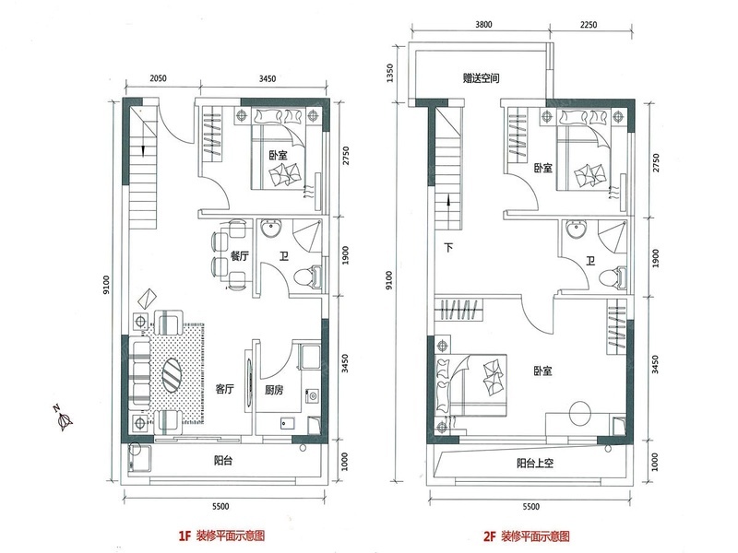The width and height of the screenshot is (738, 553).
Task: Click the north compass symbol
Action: point(63,418)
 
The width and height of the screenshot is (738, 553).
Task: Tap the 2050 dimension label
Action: point(158,78)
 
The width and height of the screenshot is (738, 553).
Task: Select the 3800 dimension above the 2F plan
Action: point(483,25)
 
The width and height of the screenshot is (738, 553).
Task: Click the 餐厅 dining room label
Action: point(240,256)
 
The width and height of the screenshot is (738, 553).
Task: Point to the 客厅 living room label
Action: point(224,389)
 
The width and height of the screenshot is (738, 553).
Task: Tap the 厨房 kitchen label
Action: point(274,390)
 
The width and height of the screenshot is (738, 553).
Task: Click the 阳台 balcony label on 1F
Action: point(222,460)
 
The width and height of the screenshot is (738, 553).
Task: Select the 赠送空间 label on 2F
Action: point(481,78)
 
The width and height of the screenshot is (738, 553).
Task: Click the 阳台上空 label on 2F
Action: point(535,464)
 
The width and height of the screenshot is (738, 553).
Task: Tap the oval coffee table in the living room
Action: point(172,375)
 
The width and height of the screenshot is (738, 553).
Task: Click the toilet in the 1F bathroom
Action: point(307,276)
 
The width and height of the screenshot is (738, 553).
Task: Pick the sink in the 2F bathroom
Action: point(576,229)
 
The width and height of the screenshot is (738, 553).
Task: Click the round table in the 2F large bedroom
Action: point(580,414)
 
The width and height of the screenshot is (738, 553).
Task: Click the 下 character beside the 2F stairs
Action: point(448,247)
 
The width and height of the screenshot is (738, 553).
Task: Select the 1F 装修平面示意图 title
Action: point(221,535)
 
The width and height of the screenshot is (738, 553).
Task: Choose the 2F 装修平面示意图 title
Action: point(527,536)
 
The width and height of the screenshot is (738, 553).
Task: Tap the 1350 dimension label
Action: point(389,74)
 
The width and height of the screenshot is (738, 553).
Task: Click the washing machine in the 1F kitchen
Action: point(312,396)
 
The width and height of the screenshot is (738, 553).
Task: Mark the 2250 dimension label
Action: point(588,25)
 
